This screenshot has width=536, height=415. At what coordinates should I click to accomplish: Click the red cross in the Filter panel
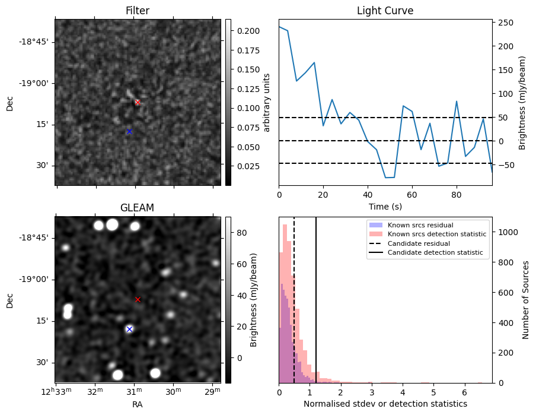point(138,102)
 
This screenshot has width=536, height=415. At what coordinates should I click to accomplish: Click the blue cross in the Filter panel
point(129,131)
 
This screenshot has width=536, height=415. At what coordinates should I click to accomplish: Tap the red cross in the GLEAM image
point(138,300)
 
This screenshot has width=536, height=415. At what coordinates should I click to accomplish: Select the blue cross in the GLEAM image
point(129,329)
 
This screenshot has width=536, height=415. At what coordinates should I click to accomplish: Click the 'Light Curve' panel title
point(385,11)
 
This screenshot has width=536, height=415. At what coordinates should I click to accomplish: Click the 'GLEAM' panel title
point(138,208)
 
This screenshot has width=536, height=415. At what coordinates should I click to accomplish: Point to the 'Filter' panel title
point(138,11)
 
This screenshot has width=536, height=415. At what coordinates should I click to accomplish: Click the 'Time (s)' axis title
point(385,205)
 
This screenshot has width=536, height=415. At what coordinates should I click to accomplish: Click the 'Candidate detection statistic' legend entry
point(435,253)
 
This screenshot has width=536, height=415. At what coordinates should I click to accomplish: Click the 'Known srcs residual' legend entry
point(420,225)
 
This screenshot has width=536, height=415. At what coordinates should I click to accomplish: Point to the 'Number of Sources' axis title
point(526,300)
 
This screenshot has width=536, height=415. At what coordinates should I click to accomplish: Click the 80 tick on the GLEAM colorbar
point(239,233)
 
